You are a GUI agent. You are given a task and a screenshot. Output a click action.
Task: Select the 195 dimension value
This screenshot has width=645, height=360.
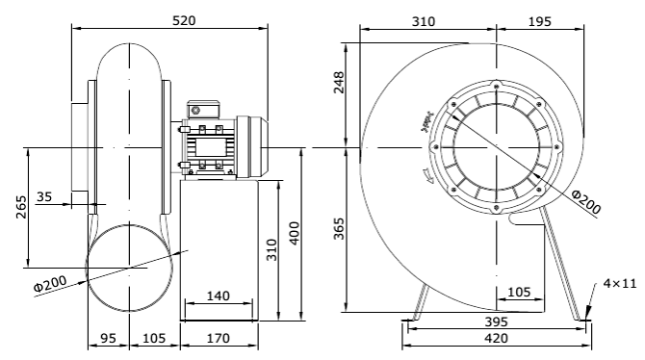(x=540, y=20)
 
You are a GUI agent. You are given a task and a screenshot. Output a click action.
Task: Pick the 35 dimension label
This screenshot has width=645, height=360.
(x=45, y=196)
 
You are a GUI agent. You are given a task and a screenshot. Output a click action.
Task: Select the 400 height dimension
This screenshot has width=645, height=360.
(x=296, y=232)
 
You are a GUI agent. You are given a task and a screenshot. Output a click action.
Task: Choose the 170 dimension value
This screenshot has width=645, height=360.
(x=218, y=338)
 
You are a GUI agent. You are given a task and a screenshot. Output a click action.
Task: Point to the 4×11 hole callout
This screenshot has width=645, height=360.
(x=620, y=283)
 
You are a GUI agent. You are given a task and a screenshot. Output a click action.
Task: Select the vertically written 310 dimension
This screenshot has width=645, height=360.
(x=272, y=252)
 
